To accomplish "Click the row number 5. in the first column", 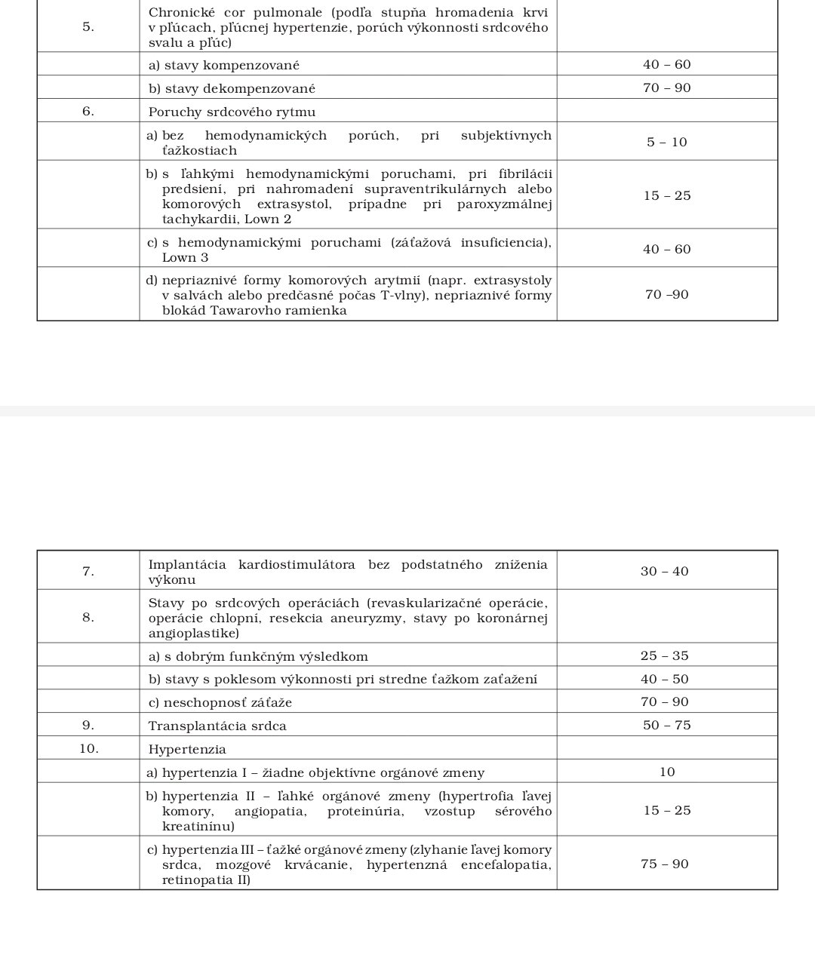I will (88, 27).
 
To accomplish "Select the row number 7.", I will (88, 571).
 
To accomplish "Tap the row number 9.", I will (88, 726).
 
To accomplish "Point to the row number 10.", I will (88, 749).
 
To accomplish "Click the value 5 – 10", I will (667, 142).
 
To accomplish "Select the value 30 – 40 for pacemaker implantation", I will (665, 571).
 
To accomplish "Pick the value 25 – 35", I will (665, 655).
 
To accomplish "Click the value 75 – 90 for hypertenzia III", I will (665, 864).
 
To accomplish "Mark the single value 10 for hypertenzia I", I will (667, 772).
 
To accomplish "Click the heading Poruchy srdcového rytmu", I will (232, 112).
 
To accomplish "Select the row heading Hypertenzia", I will (187, 749).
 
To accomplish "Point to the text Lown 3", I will (185, 257).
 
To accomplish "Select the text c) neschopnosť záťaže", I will (220, 702).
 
